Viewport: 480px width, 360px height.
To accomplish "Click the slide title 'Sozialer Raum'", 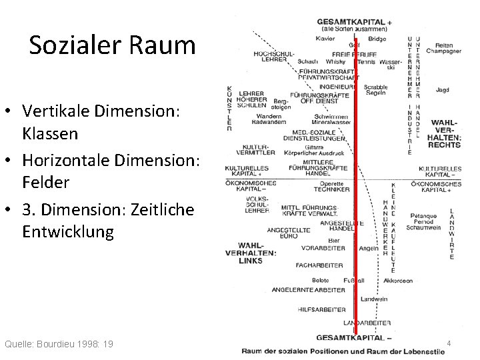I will [x=113, y=45].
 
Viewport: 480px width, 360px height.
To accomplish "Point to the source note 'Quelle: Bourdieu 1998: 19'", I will [x=59, y=344].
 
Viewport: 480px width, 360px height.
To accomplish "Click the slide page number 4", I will [x=449, y=344].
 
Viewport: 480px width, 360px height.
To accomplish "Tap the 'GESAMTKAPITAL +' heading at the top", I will [x=353, y=22].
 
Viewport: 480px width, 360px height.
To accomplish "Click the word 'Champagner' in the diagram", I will [x=443, y=51].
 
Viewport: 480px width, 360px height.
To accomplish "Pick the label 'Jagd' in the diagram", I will [x=441, y=90].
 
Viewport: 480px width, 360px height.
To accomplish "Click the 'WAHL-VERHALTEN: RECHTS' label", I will [x=444, y=133].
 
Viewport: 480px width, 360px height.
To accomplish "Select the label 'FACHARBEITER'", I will [x=301, y=265].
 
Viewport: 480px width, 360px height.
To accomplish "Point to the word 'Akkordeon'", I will [x=398, y=281].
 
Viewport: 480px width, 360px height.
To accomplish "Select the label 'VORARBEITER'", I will [x=323, y=248].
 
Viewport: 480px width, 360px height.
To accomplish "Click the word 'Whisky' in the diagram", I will [x=326, y=61].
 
